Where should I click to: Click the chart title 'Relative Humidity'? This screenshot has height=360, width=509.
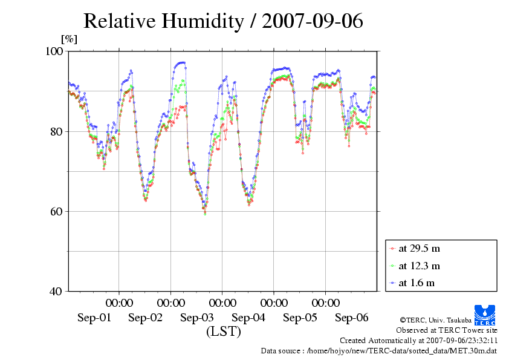pyautogui.click(x=164, y=21)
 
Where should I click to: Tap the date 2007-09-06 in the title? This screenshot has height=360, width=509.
pyautogui.click(x=313, y=21)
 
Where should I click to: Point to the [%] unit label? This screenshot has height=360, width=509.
pyautogui.click(x=69, y=39)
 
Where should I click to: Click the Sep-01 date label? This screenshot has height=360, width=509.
pyautogui.click(x=94, y=318)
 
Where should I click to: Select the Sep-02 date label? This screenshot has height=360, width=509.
pyautogui.click(x=146, y=318)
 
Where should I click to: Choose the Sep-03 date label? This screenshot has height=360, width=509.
pyautogui.click(x=197, y=318)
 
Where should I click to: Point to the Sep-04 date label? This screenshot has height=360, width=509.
pyautogui.click(x=248, y=318)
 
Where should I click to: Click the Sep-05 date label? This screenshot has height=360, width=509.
pyautogui.click(x=300, y=318)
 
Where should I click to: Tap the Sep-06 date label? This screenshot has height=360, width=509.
pyautogui.click(x=352, y=318)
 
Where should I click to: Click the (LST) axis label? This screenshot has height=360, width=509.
pyautogui.click(x=224, y=332)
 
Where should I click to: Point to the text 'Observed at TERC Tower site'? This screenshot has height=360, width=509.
pyautogui.click(x=446, y=330)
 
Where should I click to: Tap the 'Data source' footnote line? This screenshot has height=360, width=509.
pyautogui.click(x=379, y=350)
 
